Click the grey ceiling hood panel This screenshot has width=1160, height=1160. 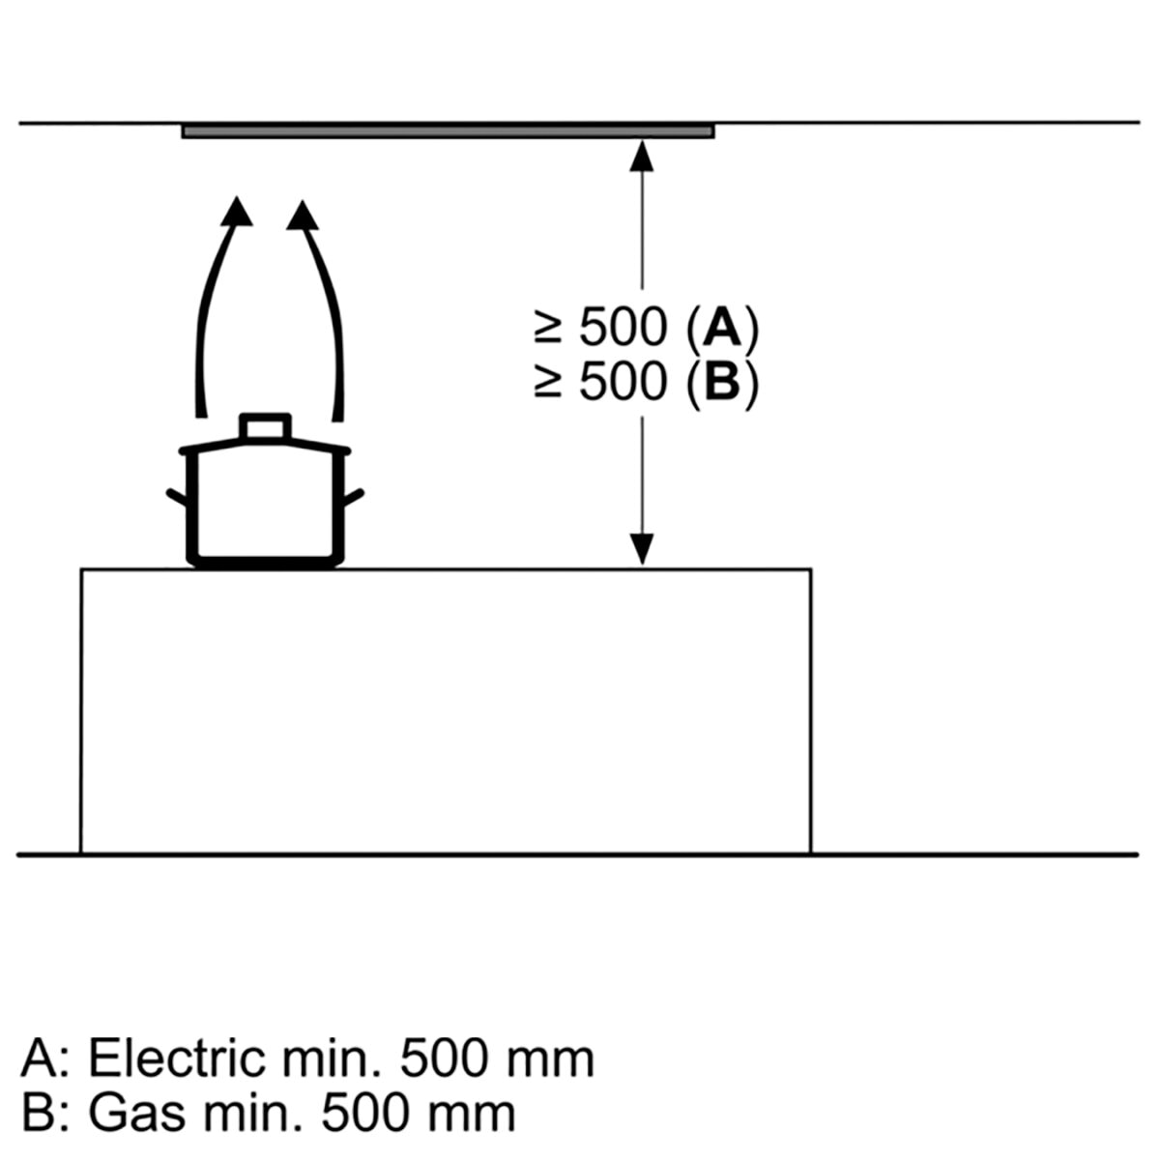[x=448, y=130]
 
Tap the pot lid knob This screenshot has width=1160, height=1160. [x=265, y=427]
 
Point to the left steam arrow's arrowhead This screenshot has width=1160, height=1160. [x=237, y=211]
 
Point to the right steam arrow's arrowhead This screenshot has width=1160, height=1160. [x=303, y=215]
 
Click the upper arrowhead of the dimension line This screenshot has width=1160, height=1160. [x=642, y=156]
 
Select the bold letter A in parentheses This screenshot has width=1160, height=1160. [x=722, y=328]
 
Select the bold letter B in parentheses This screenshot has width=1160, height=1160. [x=722, y=382]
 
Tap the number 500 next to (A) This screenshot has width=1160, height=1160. [x=623, y=328]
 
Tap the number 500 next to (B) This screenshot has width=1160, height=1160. [x=623, y=382]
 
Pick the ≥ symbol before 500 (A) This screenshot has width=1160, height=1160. [x=548, y=329]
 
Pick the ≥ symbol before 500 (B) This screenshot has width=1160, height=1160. [x=548, y=383]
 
